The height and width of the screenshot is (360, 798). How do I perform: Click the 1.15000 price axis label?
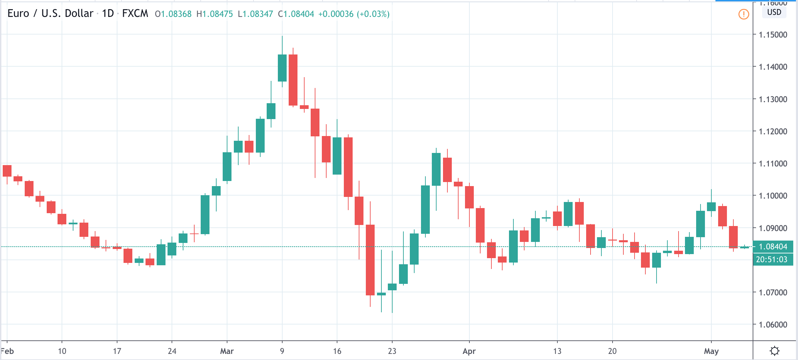tap(773, 35)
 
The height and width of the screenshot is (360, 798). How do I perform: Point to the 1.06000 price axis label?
tap(773, 324)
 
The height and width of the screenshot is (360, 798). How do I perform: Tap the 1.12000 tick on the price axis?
tap(773, 131)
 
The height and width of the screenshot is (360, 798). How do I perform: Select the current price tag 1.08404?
tap(773, 247)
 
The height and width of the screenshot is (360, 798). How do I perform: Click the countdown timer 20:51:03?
tap(773, 260)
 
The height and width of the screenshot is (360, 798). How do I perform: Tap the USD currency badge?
tap(774, 13)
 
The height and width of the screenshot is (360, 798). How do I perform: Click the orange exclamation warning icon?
tap(744, 14)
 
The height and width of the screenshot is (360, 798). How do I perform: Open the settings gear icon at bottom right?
tap(775, 351)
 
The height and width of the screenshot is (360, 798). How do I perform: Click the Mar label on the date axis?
tap(227, 351)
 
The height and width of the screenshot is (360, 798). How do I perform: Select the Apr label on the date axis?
tap(469, 351)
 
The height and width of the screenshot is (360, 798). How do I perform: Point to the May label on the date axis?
tap(711, 351)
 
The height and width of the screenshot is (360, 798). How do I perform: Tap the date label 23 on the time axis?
tap(392, 351)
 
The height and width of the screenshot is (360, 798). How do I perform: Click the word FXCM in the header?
tap(135, 14)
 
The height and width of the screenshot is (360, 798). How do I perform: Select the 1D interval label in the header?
tap(108, 14)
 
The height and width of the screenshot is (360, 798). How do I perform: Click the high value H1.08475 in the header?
tap(215, 14)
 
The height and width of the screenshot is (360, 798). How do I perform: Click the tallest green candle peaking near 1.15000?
tap(282, 68)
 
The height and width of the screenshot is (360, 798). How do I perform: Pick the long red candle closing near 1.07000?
tap(370, 260)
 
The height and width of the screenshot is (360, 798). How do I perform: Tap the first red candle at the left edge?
tap(7, 171)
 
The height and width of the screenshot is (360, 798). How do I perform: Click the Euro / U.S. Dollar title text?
tap(50, 14)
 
